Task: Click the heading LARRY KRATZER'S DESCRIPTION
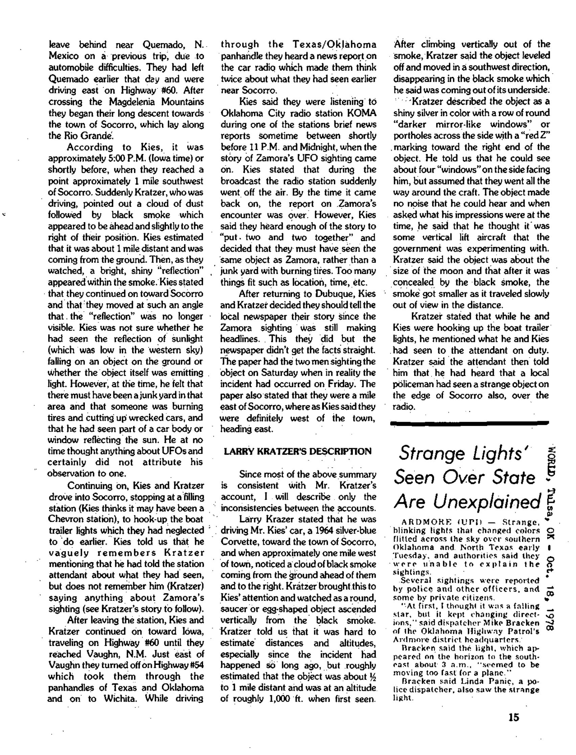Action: click(297, 451)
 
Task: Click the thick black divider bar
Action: click(470, 424)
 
